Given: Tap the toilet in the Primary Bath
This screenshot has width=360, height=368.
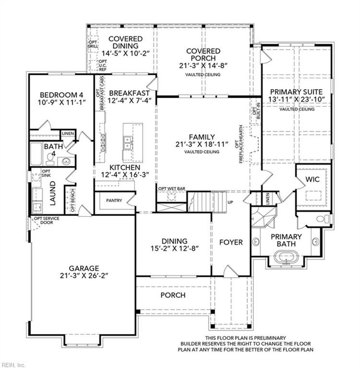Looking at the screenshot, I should pyautogui.click(x=322, y=219).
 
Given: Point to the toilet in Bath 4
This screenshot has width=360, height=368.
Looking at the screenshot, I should pyautogui.click(x=50, y=160).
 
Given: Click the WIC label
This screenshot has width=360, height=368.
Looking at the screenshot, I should pyautogui.click(x=312, y=179).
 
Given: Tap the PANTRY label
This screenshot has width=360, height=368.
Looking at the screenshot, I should pyautogui.click(x=114, y=201).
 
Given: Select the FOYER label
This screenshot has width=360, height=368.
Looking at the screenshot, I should pyautogui.click(x=231, y=242).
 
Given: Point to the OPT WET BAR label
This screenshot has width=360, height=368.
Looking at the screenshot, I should pyautogui.click(x=172, y=189).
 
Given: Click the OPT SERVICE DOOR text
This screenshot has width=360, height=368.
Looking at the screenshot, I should pyautogui.click(x=46, y=220).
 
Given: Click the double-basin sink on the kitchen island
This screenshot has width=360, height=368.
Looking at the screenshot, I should pyautogui.click(x=127, y=142).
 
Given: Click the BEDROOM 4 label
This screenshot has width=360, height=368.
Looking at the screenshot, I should pyautogui.click(x=62, y=95).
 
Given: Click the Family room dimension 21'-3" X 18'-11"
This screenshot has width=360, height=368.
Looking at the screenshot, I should pyautogui.click(x=202, y=144).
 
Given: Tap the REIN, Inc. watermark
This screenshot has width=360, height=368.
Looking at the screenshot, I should pyautogui.click(x=13, y=364).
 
